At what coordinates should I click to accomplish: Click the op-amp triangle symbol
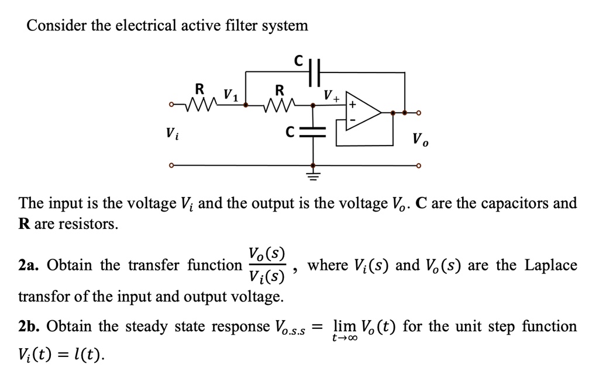(363, 112)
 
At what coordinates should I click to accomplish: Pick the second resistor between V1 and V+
(279, 105)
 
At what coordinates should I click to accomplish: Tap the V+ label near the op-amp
(332, 95)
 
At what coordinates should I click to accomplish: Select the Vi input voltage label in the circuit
(169, 133)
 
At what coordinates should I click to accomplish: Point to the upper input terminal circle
(171, 106)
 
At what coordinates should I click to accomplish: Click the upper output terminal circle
(418, 112)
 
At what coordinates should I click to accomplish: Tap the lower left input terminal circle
(171, 165)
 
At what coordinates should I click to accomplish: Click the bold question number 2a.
(29, 265)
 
